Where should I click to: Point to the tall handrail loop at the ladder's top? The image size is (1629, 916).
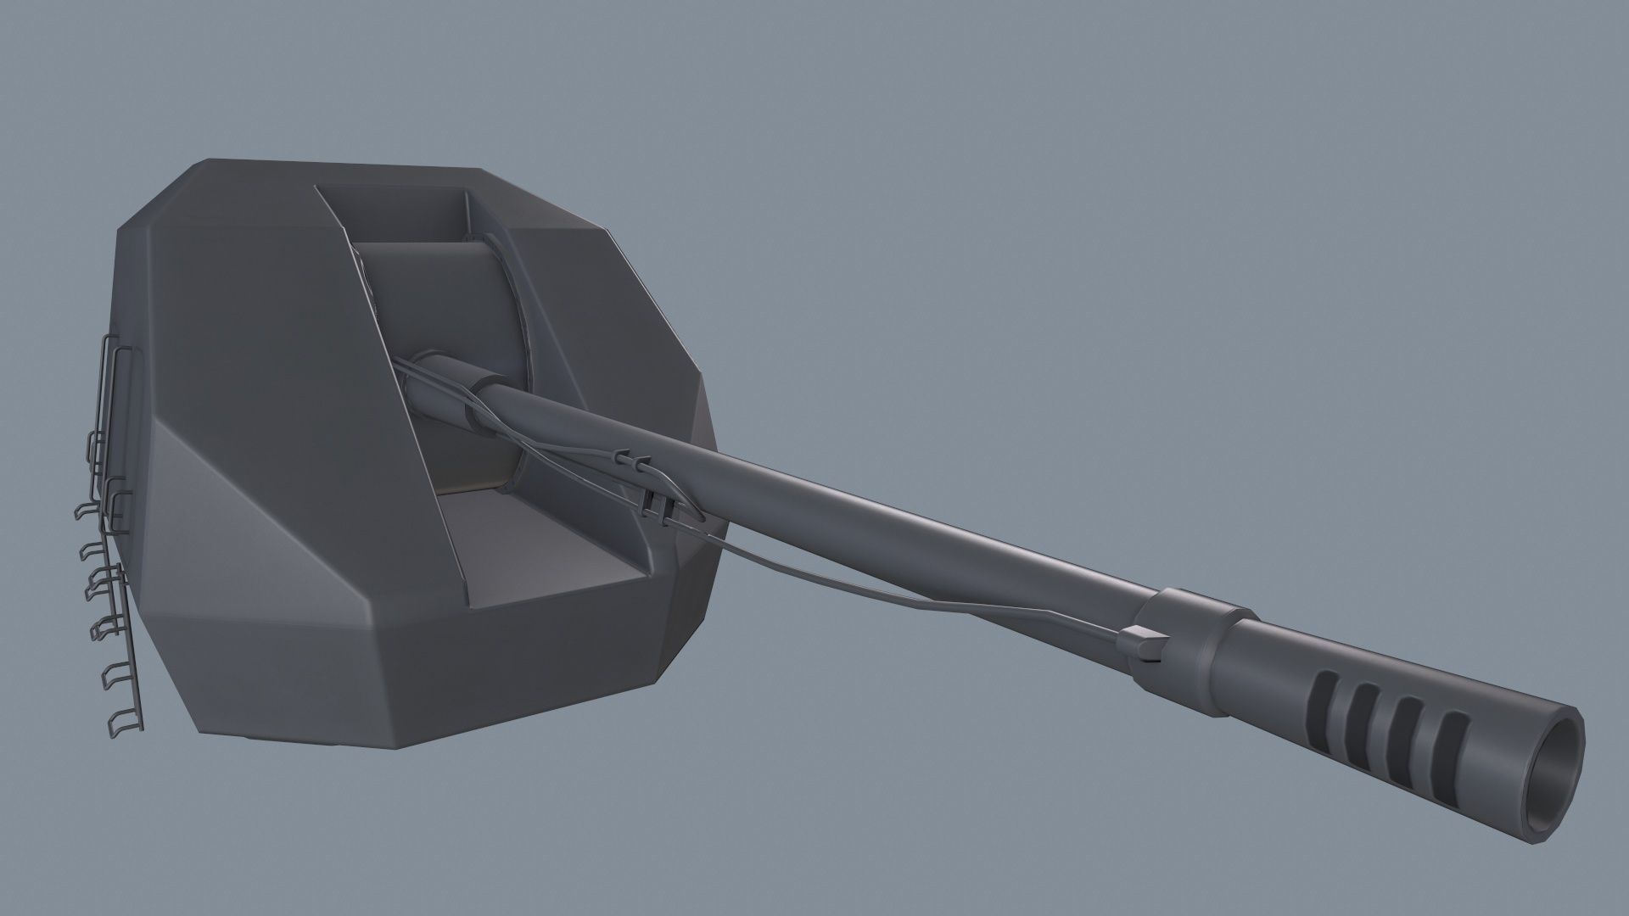pos(110,373)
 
